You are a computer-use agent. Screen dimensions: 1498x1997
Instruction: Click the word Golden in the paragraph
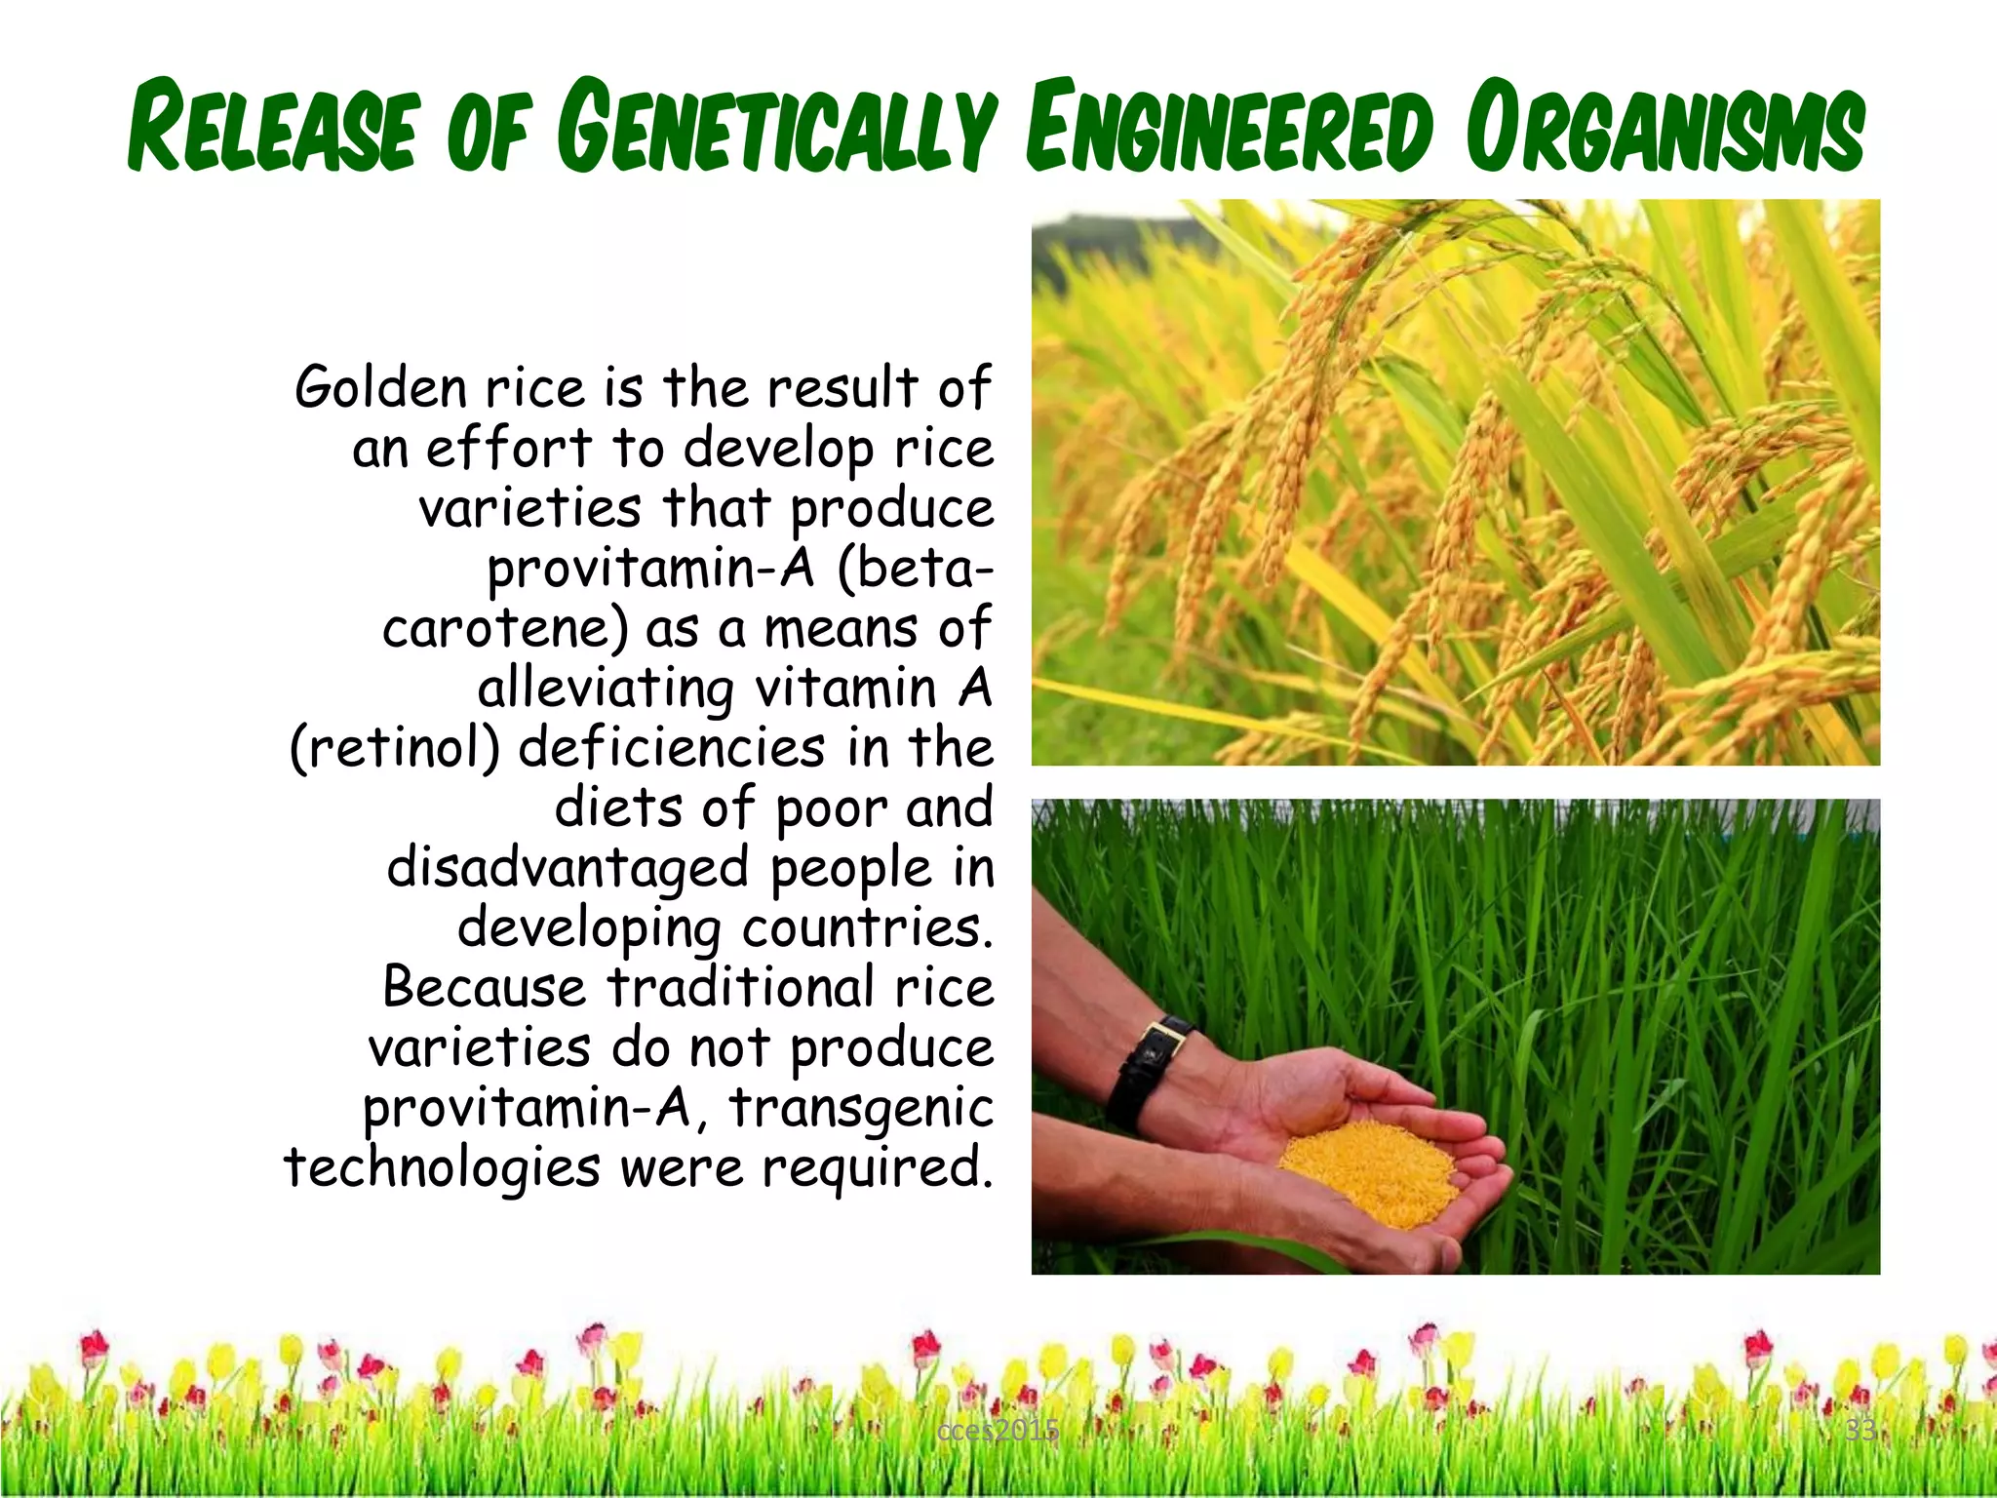(x=381, y=388)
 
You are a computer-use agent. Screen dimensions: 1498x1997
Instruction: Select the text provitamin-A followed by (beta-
(x=650, y=570)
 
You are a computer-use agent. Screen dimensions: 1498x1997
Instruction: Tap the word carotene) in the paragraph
(x=505, y=629)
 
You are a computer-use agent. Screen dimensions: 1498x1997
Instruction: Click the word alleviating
(x=605, y=690)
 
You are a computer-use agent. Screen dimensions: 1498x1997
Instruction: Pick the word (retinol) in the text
(x=395, y=749)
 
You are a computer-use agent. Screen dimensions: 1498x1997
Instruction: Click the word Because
(x=484, y=987)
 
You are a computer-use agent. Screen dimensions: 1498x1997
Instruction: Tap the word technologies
(x=442, y=1168)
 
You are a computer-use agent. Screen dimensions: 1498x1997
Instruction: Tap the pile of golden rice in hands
(x=1375, y=1170)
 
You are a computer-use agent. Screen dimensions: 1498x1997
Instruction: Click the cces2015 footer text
(x=997, y=1431)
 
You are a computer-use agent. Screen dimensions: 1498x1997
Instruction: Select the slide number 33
(x=1860, y=1431)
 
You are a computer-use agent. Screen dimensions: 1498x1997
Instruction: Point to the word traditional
(x=740, y=987)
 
